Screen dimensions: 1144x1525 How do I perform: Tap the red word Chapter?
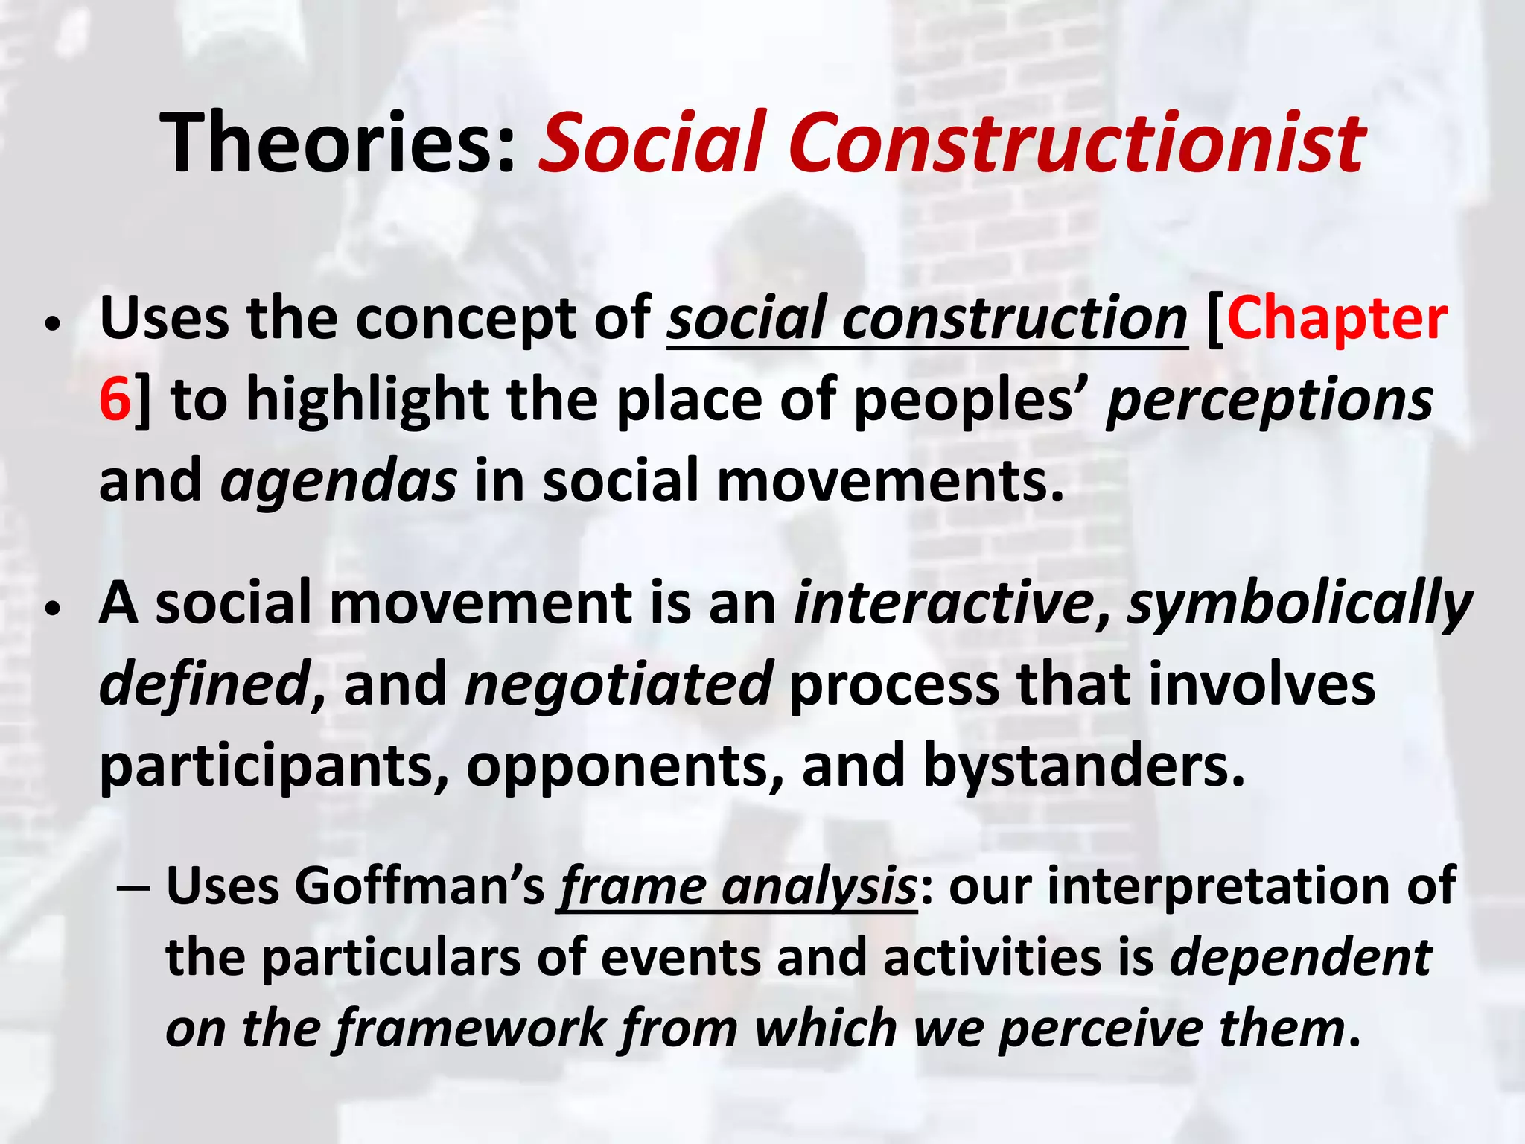pyautogui.click(x=1337, y=319)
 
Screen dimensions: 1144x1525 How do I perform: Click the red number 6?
pyautogui.click(x=115, y=400)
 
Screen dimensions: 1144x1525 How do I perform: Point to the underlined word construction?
pyautogui.click(x=1014, y=319)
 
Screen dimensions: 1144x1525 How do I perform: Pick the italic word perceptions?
pyautogui.click(x=1269, y=400)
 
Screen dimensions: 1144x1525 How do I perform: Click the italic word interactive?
pyautogui.click(x=943, y=603)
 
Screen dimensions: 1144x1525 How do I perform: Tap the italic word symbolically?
pyautogui.click(x=1299, y=603)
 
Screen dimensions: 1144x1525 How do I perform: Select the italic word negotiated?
pyautogui.click(x=618, y=684)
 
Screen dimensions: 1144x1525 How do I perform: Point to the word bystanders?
pyautogui.click(x=1083, y=766)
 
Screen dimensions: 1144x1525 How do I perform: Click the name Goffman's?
pyautogui.click(x=421, y=886)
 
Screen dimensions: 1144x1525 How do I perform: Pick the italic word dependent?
pyautogui.click(x=1300, y=957)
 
